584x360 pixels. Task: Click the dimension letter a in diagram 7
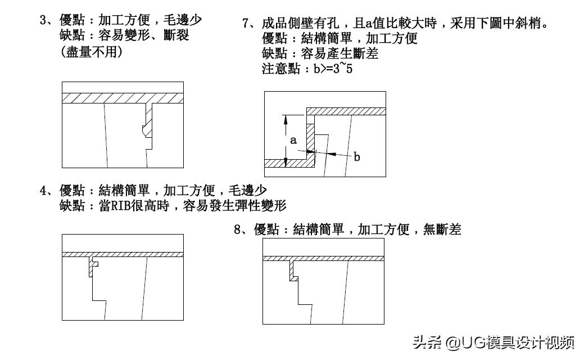[x=293, y=140]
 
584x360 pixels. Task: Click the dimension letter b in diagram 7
[x=356, y=157]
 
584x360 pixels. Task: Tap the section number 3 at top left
[x=43, y=20]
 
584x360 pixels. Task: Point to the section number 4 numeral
[x=43, y=190]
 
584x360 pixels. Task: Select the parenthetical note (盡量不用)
[x=91, y=52]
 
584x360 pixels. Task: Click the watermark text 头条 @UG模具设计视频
[x=494, y=343]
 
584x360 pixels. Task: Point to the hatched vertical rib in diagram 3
[x=148, y=119]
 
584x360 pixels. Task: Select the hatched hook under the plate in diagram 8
[x=292, y=270]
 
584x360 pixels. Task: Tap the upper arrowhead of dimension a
[x=286, y=119]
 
